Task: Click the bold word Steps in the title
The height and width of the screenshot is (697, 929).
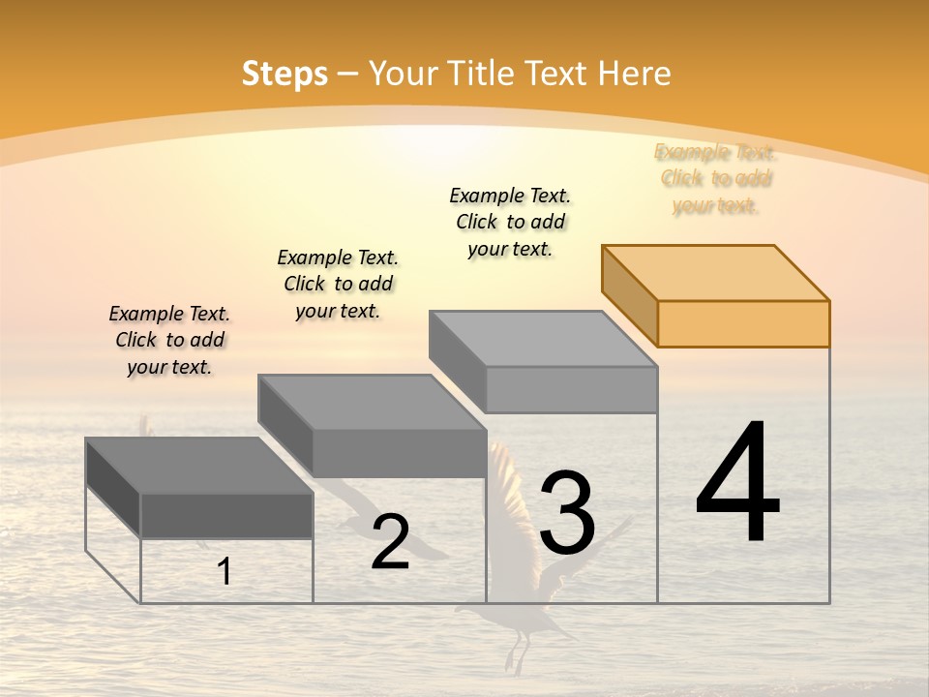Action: [285, 74]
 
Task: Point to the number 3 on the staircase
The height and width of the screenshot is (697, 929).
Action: [567, 512]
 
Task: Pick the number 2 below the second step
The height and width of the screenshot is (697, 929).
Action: [390, 542]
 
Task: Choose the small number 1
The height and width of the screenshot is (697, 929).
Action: [225, 571]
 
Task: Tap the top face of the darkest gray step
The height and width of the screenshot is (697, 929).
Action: [198, 466]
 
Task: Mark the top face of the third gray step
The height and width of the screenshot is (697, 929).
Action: [543, 339]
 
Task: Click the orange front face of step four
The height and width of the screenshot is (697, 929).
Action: [743, 323]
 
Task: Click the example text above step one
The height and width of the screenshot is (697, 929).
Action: [169, 340]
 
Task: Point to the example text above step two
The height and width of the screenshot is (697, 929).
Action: [338, 284]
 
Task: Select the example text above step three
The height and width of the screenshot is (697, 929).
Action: [510, 222]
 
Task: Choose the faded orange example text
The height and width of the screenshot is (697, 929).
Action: [716, 178]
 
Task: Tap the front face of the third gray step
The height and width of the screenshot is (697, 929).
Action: [571, 389]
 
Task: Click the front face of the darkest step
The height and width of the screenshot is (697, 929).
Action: [226, 515]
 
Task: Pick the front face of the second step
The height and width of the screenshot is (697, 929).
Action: [399, 453]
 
